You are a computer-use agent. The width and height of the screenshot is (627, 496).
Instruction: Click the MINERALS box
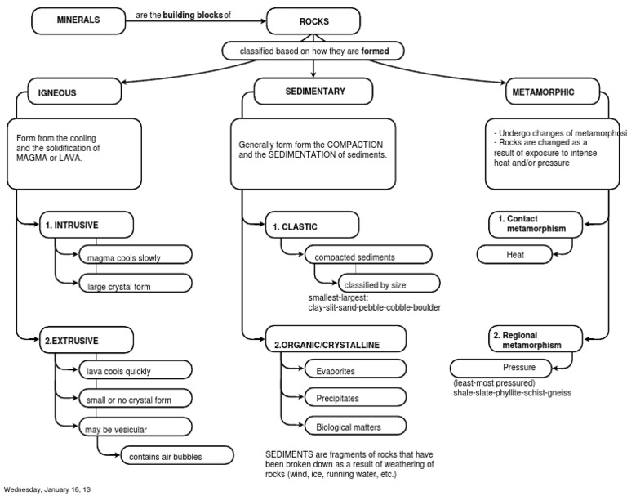pos(78,20)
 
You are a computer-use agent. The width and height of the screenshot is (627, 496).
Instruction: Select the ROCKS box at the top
pos(313,20)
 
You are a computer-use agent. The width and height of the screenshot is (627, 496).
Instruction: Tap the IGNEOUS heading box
pos(74,92)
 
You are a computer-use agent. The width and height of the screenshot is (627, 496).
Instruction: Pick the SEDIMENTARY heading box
pos(313,92)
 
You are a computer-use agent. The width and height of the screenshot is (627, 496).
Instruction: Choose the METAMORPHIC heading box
pos(553,92)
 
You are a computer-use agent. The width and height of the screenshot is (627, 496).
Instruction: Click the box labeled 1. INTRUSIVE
pos(87,225)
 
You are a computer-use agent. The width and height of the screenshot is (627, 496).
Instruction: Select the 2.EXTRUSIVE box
pos(87,340)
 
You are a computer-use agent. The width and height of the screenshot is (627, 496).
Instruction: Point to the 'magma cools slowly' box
pos(136,255)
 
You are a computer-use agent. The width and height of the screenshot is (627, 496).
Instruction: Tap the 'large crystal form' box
pos(136,283)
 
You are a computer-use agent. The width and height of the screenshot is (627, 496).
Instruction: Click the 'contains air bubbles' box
pos(176,455)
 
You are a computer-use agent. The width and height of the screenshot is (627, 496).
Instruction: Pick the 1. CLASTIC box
pos(313,225)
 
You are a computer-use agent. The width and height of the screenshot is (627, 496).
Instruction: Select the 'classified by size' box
pos(389,283)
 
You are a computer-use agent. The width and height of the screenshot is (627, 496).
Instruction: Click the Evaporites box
pos(355,369)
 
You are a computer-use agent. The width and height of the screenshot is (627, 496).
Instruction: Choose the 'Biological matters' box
pos(355,426)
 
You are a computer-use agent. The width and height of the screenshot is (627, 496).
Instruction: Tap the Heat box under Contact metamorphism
pos(514,255)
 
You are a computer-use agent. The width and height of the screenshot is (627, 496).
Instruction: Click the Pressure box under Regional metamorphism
pos(500,368)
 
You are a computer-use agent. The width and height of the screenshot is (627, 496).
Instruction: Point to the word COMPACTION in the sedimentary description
pos(354,145)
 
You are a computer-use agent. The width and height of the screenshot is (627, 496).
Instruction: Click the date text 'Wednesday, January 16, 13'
pos(47,489)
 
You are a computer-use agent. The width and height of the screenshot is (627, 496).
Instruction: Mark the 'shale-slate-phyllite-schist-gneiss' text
pos(512,393)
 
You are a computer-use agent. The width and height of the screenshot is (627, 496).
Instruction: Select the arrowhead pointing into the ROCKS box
pos(263,20)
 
